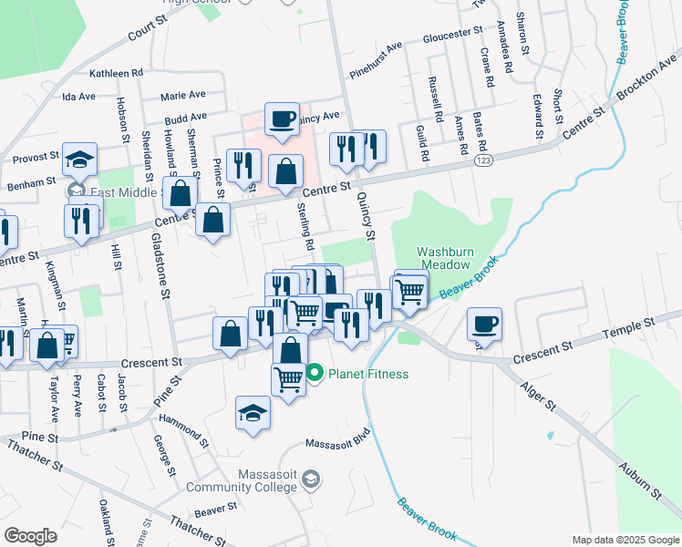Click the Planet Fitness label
[368, 374]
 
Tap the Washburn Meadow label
[443, 258]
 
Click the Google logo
[31, 536]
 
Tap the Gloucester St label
[452, 36]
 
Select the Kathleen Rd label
[117, 72]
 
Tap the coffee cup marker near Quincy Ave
[282, 119]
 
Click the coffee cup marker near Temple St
[485, 323]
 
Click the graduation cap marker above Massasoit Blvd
[253, 412]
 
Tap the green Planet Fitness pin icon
[315, 373]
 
